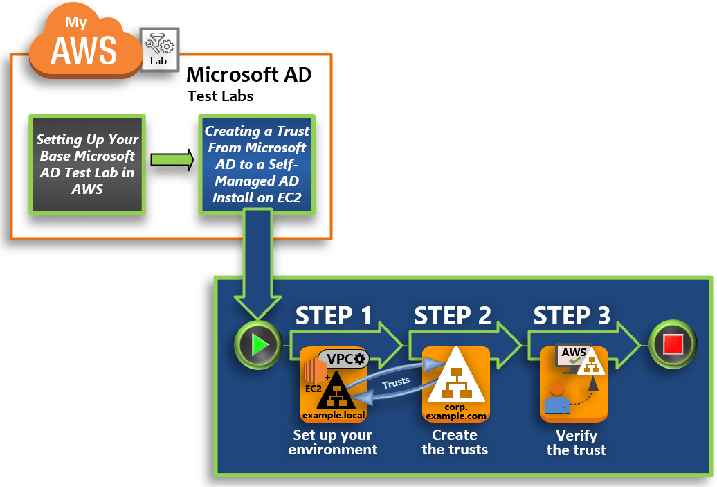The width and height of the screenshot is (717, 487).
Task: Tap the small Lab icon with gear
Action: (x=160, y=49)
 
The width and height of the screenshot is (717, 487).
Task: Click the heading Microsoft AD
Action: (x=249, y=74)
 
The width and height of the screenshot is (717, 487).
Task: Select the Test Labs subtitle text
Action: (x=220, y=96)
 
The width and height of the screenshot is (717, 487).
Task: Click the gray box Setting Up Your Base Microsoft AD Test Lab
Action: (x=87, y=165)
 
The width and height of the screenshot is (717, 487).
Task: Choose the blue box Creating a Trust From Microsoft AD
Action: (x=257, y=165)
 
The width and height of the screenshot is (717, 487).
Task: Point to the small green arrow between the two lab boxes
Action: (x=172, y=160)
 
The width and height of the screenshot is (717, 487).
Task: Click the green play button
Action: (x=257, y=344)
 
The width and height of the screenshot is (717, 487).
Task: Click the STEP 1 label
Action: (x=334, y=315)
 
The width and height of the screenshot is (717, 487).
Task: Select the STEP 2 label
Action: (x=453, y=315)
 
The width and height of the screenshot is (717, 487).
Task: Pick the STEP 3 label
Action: (x=572, y=315)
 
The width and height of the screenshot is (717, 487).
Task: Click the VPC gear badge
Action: (x=344, y=359)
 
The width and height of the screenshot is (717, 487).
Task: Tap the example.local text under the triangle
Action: (x=333, y=415)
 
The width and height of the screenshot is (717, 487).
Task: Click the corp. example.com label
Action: (x=455, y=412)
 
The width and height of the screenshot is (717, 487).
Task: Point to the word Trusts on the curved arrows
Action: (x=396, y=381)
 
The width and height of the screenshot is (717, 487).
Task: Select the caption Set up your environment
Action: (x=333, y=442)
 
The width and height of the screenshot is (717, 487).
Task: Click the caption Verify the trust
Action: (x=576, y=443)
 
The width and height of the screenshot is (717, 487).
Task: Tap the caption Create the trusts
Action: (x=455, y=442)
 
